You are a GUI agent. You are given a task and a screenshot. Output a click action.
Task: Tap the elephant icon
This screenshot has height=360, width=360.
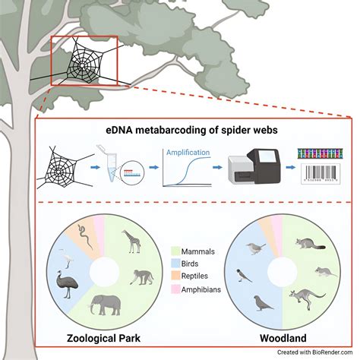[104, 306]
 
